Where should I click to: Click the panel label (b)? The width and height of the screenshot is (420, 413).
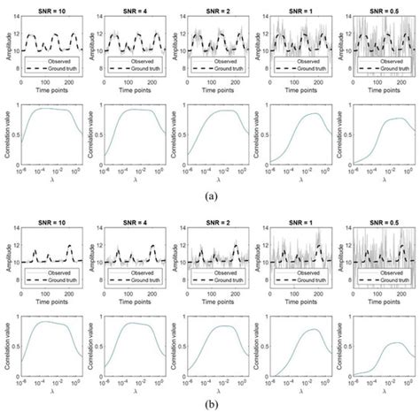click(210, 406)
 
